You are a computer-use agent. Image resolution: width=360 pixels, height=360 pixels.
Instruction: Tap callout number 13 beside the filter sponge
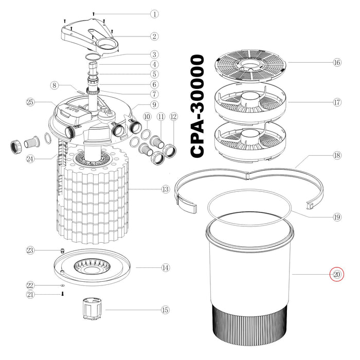pos(165,190)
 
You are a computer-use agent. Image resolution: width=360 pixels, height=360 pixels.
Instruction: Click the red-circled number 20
pos(337,275)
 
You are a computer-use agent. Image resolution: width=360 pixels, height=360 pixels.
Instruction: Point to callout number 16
pos(337,62)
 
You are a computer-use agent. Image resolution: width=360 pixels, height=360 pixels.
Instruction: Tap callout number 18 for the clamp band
pos(337,155)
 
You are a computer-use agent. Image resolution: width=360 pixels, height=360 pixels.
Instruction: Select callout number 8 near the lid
pos(55,85)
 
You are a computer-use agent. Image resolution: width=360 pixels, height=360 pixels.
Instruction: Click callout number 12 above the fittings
pos(173,117)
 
